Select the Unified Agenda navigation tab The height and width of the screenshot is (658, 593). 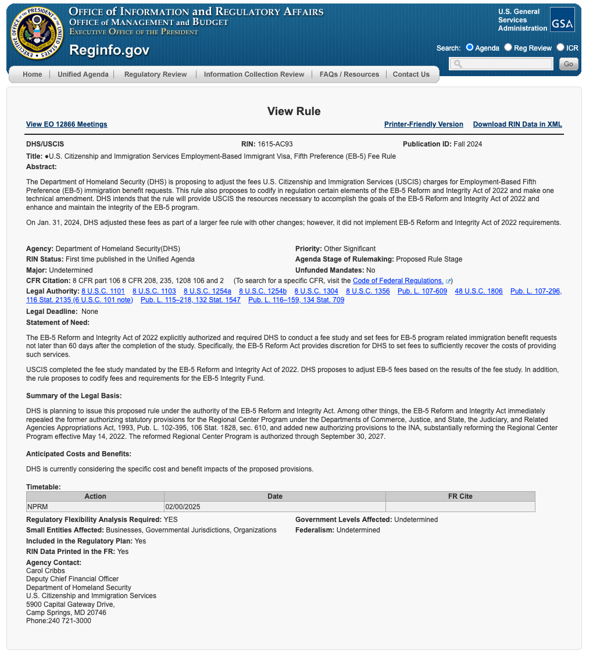(83, 74)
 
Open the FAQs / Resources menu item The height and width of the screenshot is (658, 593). (349, 74)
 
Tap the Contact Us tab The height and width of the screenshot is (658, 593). (411, 74)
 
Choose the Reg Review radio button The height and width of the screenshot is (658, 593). (508, 48)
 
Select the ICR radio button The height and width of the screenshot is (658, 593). (560, 48)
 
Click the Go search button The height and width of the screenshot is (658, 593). (569, 64)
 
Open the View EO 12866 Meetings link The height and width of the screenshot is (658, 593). (67, 124)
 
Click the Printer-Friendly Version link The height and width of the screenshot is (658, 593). (424, 124)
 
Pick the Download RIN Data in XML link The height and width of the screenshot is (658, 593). (517, 124)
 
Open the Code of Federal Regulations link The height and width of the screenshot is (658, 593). (398, 281)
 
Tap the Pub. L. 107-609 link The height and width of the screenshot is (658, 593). (423, 291)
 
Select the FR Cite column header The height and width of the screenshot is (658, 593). (460, 496)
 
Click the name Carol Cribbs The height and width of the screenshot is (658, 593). (45, 571)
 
